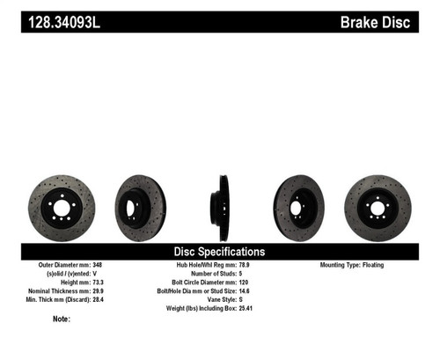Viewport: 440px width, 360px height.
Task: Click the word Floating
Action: click(371, 265)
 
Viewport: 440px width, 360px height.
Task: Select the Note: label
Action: click(62, 319)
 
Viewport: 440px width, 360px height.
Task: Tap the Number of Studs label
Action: click(197, 274)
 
